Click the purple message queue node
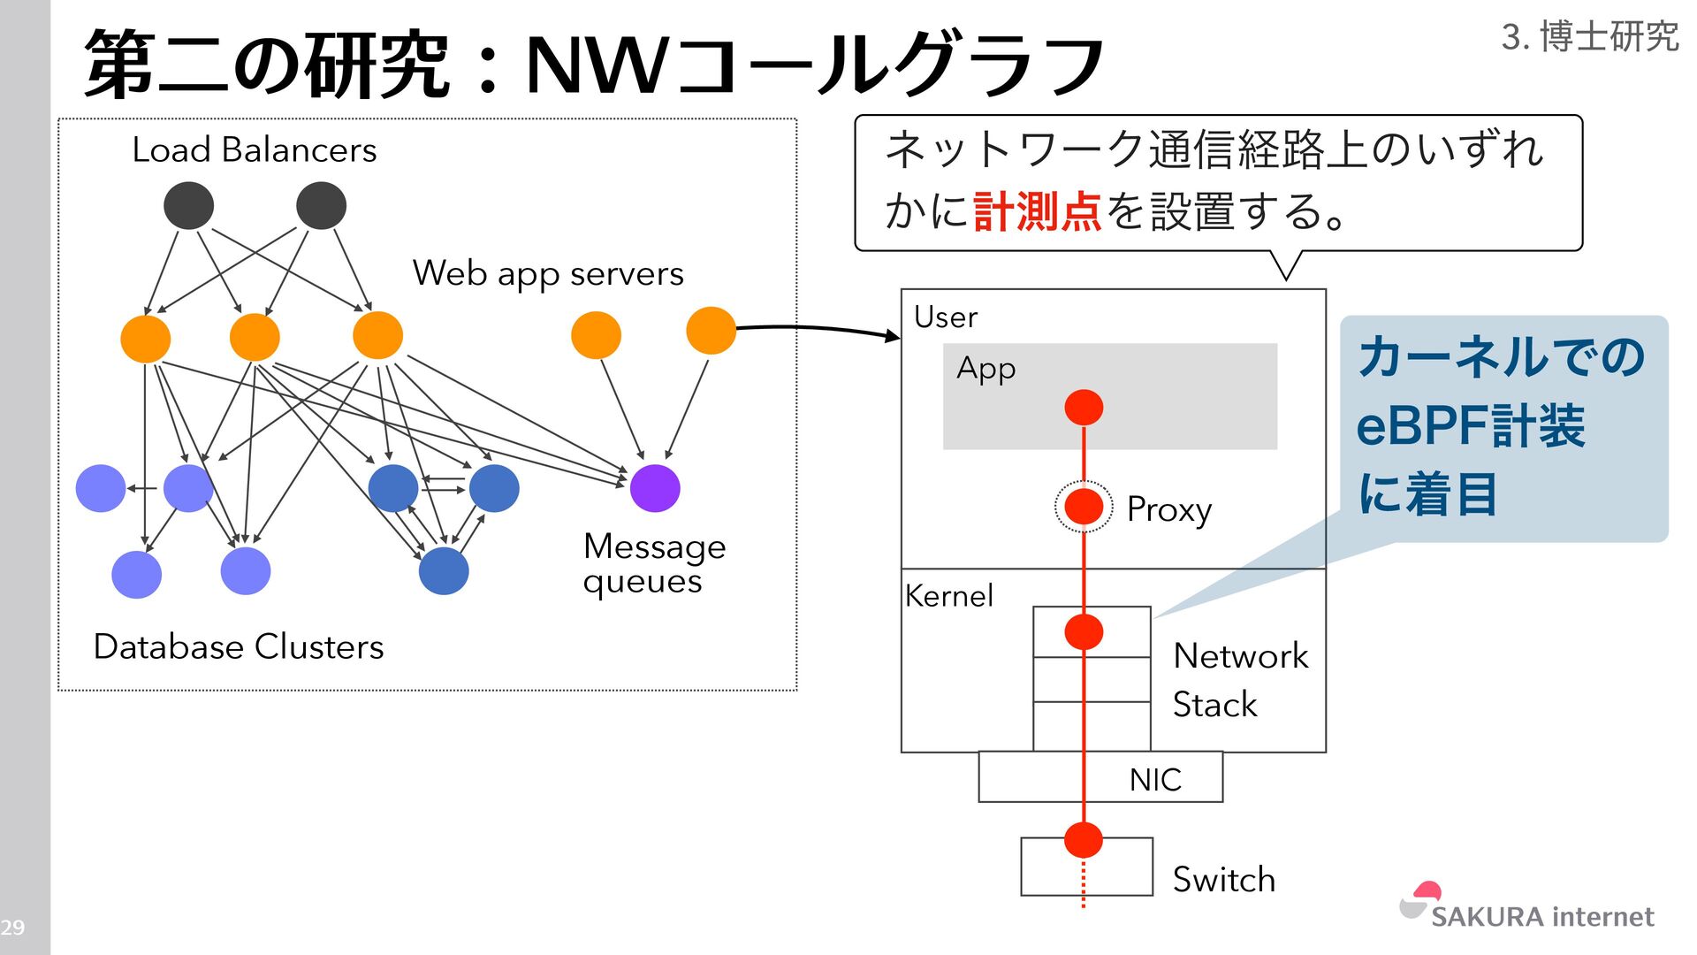point(655,488)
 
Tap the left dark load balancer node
point(188,206)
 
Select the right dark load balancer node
point(321,206)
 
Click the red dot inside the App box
point(1084,408)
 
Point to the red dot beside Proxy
point(1084,507)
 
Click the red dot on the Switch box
point(1084,839)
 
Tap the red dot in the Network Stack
point(1084,631)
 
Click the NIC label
point(1155,780)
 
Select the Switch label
point(1223,880)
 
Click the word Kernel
point(949,596)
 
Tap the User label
point(946,317)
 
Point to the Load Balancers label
point(255,150)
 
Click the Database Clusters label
point(239,647)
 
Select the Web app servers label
point(548,274)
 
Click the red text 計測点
point(1038,212)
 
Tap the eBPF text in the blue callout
point(1423,426)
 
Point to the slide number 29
point(12,928)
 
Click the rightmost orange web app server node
point(711,331)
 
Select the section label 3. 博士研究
point(1589,37)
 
